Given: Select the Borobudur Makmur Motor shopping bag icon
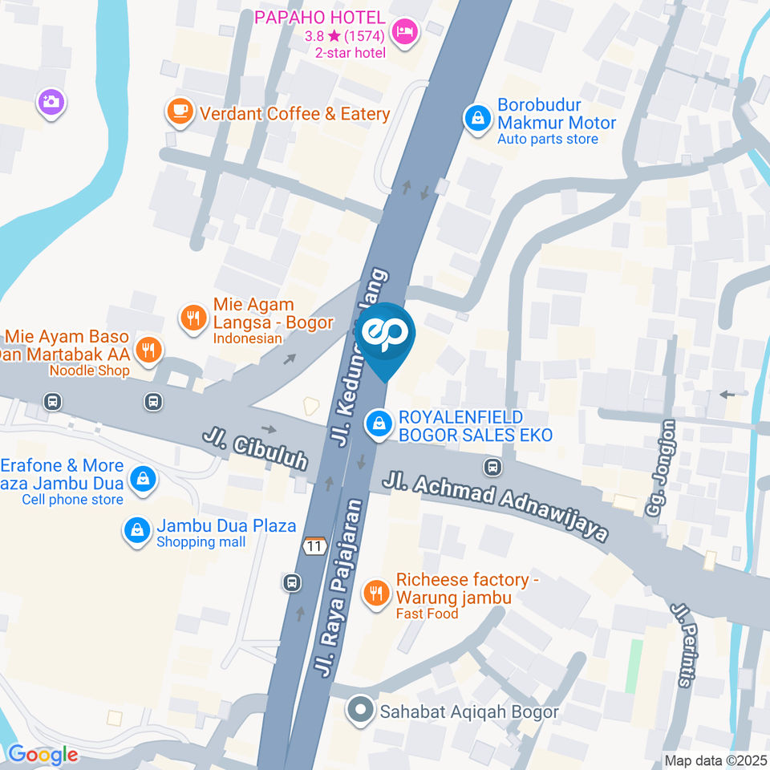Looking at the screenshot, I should (x=478, y=120).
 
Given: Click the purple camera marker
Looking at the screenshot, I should (x=51, y=102).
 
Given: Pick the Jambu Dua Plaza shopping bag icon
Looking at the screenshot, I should (x=137, y=530).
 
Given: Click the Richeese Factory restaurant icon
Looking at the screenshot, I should (x=375, y=593).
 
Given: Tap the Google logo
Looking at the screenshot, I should (x=43, y=755).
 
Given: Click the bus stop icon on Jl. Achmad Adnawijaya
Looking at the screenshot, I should (x=492, y=466).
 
